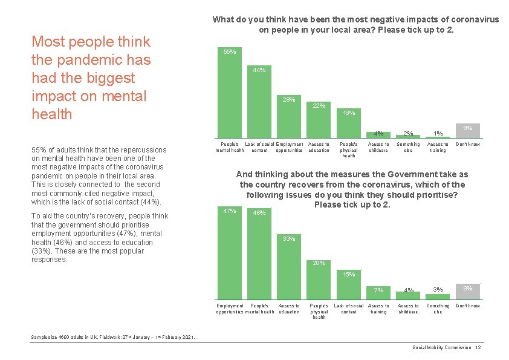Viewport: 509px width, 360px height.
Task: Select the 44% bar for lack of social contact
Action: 259,103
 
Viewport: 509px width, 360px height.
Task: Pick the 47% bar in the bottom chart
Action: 230,254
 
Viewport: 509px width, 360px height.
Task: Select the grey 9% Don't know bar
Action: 467,131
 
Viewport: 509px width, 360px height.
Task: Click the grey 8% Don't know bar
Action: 467,292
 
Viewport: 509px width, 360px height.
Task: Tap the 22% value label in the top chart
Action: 319,106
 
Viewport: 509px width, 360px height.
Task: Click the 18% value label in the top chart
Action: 349,113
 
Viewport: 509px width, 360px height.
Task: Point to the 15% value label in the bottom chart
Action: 349,275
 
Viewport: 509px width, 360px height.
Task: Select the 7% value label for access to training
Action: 378,290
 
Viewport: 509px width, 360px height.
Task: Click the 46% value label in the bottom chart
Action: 259,213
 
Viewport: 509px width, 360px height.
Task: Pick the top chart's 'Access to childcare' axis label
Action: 378,147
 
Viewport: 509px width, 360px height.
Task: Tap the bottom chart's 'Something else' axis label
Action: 438,309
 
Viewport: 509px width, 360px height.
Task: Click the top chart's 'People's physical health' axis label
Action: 349,150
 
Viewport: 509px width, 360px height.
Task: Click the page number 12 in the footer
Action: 478,347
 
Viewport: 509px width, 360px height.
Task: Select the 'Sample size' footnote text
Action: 112,336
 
